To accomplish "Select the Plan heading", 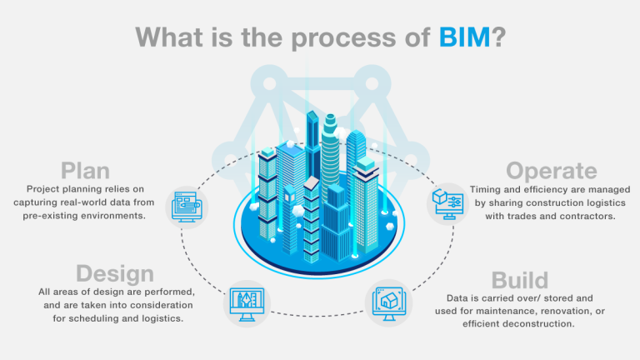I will point(85,170).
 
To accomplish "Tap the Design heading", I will point(115,273).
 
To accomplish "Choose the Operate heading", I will point(552,171).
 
